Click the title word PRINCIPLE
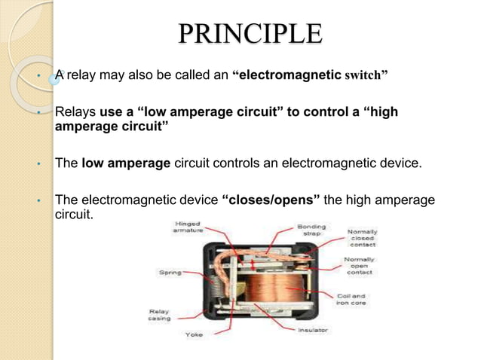click(249, 35)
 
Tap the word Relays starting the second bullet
click(75, 113)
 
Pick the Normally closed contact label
click(362, 239)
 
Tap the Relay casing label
click(159, 314)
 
